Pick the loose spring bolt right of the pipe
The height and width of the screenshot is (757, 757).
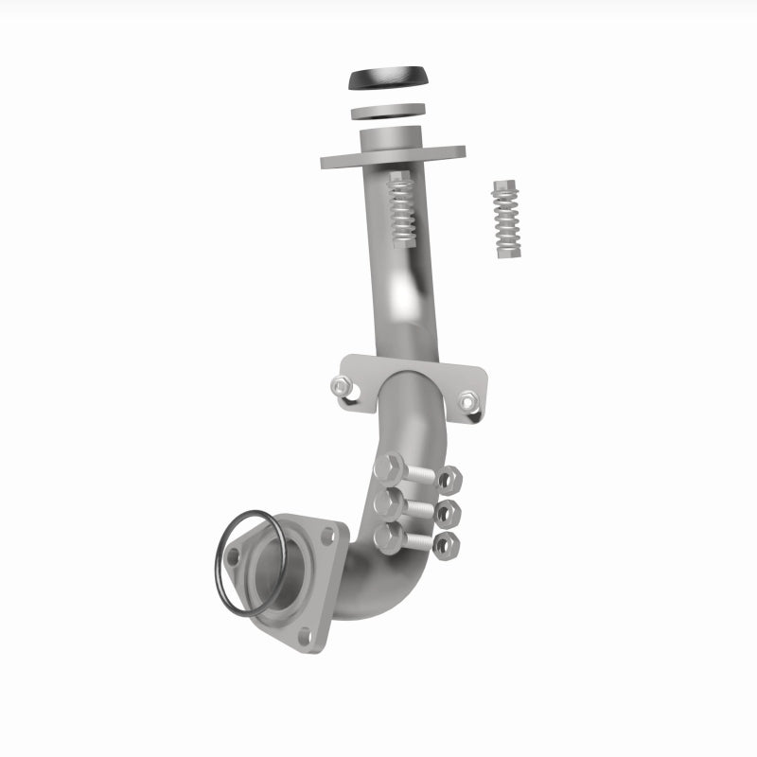tap(507, 219)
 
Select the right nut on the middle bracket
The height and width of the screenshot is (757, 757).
tap(467, 401)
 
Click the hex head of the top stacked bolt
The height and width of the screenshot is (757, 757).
tap(389, 467)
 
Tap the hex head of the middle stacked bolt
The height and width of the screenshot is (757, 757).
tap(387, 501)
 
